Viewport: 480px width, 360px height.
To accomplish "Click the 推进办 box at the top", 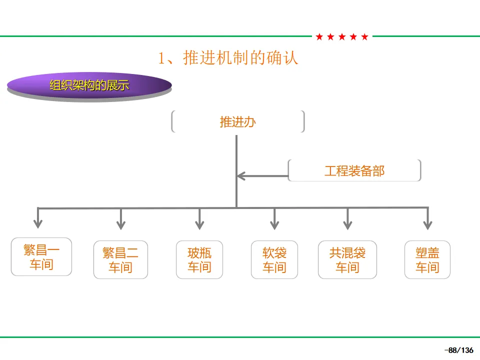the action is click(238, 121).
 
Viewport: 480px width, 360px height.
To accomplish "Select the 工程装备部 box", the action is click(354, 170).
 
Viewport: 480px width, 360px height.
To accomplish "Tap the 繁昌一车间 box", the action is click(41, 257).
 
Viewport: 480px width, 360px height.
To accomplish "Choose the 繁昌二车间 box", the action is click(120, 259).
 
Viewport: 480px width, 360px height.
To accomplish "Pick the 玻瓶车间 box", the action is click(199, 259).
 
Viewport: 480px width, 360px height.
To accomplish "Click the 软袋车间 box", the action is click(274, 259).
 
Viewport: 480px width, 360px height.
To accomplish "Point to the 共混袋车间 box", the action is click(347, 259).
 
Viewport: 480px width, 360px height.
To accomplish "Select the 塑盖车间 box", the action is click(427, 259).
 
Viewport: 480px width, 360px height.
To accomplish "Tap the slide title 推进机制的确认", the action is click(228, 57).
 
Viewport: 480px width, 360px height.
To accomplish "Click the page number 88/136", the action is click(459, 350).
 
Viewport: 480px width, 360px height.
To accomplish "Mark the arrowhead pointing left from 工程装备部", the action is click(241, 176).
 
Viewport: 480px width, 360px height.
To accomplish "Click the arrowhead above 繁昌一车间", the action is click(38, 224).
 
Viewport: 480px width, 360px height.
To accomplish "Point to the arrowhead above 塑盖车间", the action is click(427, 225).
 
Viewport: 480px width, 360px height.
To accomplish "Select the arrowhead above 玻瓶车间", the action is click(199, 225).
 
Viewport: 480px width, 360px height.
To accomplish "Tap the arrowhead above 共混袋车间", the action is click(347, 225).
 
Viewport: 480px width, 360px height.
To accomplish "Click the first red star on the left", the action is click(319, 37).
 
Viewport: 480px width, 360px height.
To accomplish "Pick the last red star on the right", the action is click(364, 37).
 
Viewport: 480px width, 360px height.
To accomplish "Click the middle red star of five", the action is click(342, 37).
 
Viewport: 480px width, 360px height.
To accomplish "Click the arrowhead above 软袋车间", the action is click(274, 225).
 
